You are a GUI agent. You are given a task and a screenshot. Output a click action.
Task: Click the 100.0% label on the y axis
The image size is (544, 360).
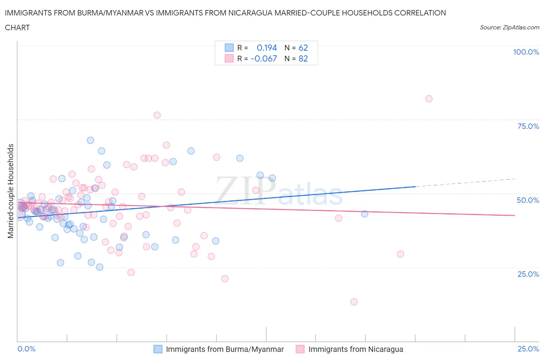(x=526, y=52)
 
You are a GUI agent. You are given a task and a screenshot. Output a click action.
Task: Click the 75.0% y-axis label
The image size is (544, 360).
(x=528, y=126)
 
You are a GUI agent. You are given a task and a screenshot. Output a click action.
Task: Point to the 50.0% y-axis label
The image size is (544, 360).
(x=528, y=200)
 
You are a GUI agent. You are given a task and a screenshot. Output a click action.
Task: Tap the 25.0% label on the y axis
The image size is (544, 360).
(x=528, y=274)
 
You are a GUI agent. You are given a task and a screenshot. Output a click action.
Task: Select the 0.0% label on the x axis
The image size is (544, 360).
(x=26, y=349)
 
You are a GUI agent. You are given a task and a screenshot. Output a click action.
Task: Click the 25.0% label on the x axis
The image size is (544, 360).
(x=528, y=349)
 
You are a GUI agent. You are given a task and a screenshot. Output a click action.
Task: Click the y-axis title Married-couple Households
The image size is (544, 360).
(x=11, y=191)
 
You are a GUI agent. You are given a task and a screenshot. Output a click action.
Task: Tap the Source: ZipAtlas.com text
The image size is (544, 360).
(x=509, y=27)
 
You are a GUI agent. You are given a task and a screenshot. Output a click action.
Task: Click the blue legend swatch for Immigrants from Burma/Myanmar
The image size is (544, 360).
(x=158, y=349)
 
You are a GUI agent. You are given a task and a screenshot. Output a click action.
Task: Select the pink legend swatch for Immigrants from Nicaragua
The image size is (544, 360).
(x=300, y=349)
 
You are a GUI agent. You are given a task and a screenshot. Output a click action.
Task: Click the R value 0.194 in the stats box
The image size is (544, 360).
(x=267, y=48)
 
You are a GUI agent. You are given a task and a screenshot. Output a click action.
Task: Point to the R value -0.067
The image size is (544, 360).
(x=264, y=58)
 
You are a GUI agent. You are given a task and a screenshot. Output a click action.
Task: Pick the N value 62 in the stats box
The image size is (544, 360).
(x=303, y=48)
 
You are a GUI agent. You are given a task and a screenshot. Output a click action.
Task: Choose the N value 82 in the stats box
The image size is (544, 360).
(x=303, y=58)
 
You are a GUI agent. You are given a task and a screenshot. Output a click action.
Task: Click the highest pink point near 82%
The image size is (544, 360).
(x=429, y=99)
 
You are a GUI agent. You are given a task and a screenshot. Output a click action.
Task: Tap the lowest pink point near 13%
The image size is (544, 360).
(x=354, y=302)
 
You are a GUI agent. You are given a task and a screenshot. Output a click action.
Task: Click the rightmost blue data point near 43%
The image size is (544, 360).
(x=364, y=214)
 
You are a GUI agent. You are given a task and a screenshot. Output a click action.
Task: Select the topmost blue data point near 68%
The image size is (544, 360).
(x=90, y=140)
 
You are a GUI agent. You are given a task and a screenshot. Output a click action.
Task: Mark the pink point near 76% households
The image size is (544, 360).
(x=157, y=115)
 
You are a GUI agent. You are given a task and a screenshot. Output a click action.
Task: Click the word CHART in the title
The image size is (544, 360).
(x=17, y=27)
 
